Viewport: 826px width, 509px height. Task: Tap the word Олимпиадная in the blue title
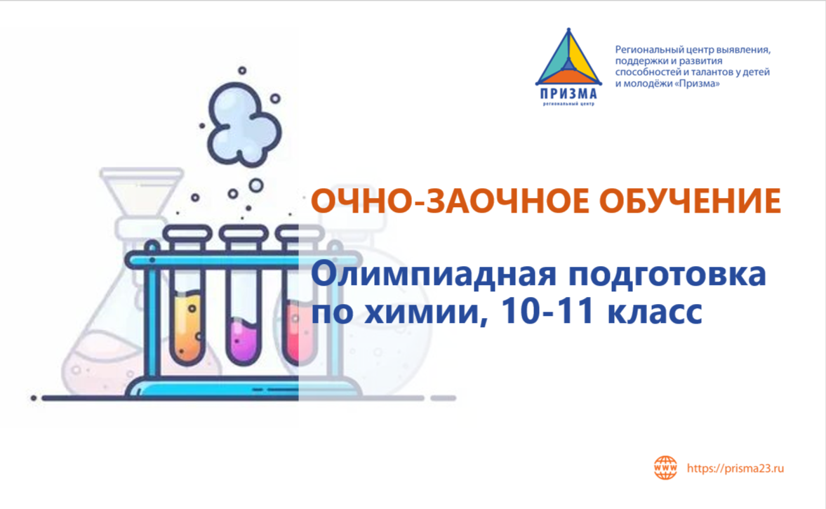click(434, 274)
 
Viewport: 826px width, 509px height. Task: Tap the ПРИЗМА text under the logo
click(568, 94)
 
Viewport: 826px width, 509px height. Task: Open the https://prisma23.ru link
click(735, 468)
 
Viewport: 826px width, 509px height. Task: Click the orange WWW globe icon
click(665, 468)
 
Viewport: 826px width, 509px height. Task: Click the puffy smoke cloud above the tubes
click(243, 124)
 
